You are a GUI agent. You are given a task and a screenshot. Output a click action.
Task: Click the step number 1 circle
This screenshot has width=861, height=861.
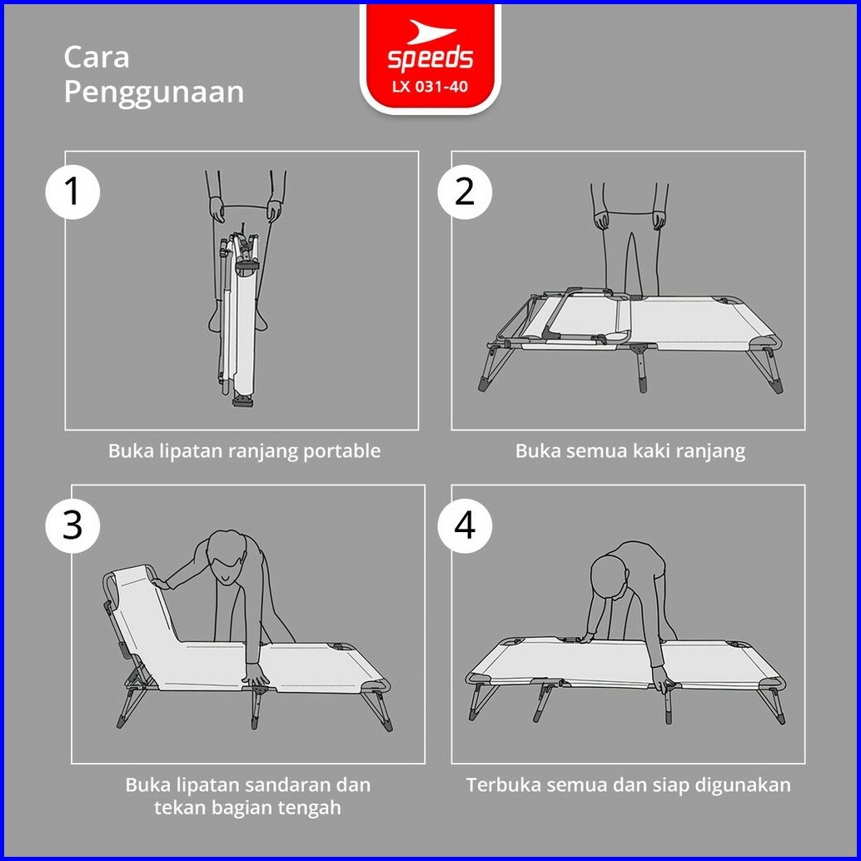72,192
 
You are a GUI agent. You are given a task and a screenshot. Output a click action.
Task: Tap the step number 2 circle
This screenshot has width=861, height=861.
465,192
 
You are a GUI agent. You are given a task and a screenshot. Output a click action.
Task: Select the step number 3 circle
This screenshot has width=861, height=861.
72,525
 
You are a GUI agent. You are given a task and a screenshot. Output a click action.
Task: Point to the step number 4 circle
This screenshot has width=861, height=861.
465,525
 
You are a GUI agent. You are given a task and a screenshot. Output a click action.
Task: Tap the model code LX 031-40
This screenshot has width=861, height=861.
430,87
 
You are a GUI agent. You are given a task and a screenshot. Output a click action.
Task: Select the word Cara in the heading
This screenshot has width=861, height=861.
97,57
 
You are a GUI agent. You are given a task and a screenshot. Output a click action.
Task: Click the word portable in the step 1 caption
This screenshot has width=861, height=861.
342,451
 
